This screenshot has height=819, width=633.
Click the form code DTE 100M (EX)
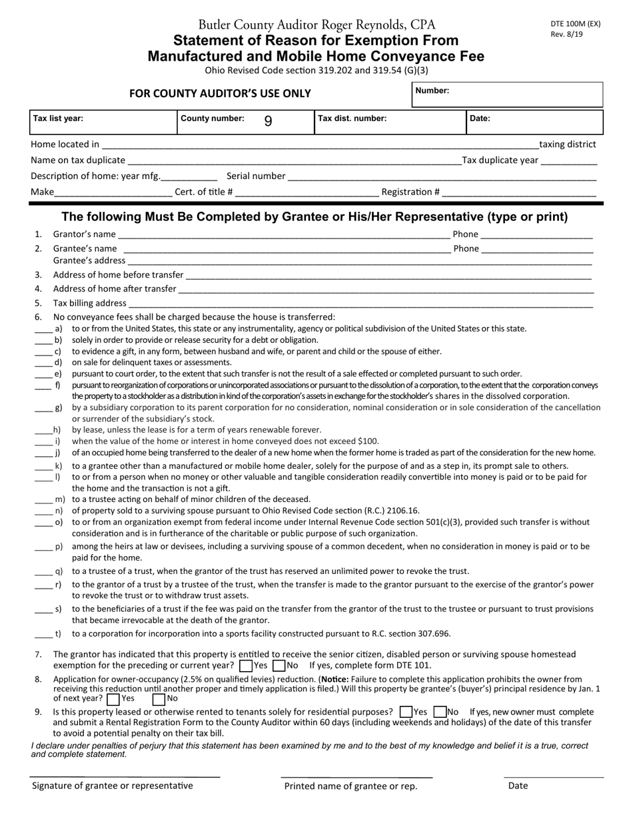point(575,23)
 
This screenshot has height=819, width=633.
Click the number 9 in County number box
point(268,121)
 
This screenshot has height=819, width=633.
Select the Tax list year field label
point(58,119)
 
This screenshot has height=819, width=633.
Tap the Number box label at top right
point(432,90)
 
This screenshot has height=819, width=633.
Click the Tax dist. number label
point(352,119)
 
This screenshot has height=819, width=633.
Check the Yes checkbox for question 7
point(246,665)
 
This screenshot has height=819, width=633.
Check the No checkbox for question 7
point(279,665)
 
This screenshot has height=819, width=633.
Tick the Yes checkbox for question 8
point(113,699)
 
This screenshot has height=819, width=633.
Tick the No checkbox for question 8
point(159,699)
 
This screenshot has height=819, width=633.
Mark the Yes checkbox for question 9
point(405,712)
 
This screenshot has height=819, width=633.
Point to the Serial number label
point(256,176)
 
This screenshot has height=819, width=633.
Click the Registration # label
point(410,192)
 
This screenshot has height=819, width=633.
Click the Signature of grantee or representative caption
point(113,786)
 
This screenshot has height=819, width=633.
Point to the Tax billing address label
point(89,303)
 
